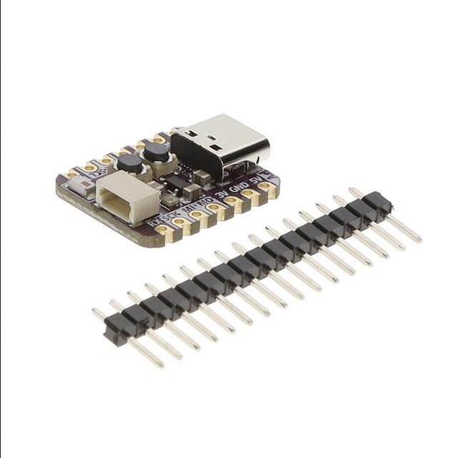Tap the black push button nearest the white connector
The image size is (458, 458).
click(x=130, y=163)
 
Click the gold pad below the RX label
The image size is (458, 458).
click(x=164, y=230)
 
